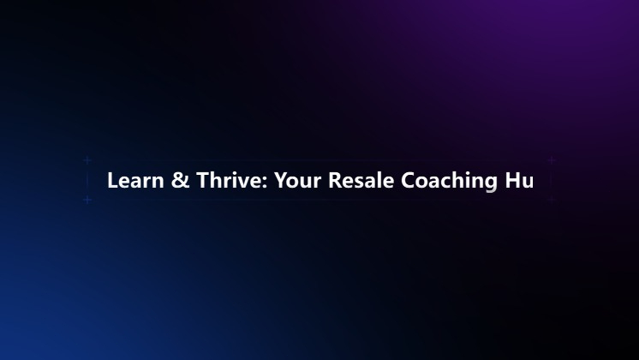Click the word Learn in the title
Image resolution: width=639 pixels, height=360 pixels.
[x=135, y=180]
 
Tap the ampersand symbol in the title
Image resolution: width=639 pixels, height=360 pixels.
[x=180, y=180]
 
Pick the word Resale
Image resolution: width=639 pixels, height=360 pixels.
[x=361, y=180]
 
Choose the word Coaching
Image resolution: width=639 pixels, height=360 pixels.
[x=449, y=182]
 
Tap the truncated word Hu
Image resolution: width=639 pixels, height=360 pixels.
[x=519, y=180]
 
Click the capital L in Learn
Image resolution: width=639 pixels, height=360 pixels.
[x=112, y=180]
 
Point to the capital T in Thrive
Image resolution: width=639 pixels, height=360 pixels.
[x=203, y=180]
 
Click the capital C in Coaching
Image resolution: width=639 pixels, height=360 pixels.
[x=408, y=180]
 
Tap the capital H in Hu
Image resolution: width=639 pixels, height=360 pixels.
[x=512, y=180]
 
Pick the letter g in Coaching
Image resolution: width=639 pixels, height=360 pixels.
[x=491, y=184]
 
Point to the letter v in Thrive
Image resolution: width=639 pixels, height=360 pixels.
[x=244, y=183]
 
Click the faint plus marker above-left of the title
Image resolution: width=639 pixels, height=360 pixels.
[x=87, y=160]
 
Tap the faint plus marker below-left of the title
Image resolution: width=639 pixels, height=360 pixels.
[x=87, y=200]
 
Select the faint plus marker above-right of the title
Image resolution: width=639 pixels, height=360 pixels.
[x=552, y=160]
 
